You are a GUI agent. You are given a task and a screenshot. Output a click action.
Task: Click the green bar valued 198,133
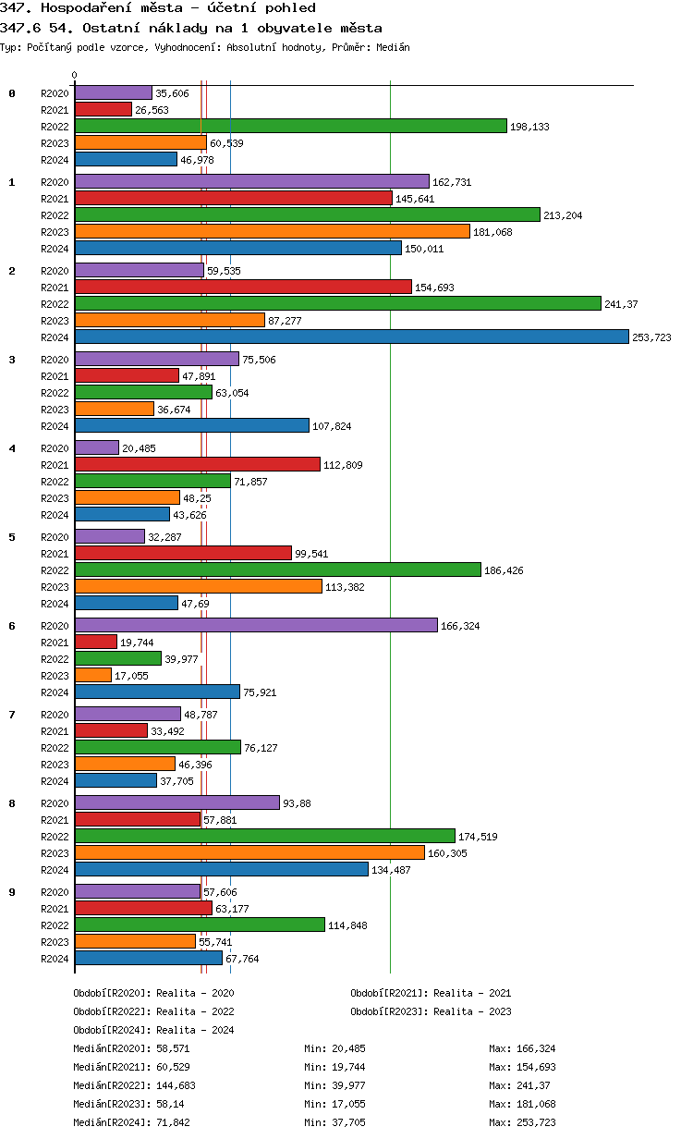point(290,126)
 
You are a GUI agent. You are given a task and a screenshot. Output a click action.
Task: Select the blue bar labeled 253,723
point(351,337)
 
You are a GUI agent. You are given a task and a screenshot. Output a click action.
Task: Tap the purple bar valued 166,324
point(256,625)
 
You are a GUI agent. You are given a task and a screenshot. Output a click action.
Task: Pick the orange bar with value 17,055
point(92,675)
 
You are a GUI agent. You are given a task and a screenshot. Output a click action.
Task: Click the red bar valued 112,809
point(197,464)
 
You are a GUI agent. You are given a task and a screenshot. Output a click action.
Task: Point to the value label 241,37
point(621,304)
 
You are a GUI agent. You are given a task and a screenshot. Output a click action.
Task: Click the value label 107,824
point(332,426)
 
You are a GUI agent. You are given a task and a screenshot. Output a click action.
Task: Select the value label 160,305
point(447,853)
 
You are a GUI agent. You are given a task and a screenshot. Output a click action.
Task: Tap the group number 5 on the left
point(12,536)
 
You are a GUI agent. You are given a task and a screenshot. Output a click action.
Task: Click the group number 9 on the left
point(12,891)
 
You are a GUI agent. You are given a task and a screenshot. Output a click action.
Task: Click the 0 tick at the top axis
point(75,75)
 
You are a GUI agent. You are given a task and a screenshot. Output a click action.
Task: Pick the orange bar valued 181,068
point(272,231)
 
